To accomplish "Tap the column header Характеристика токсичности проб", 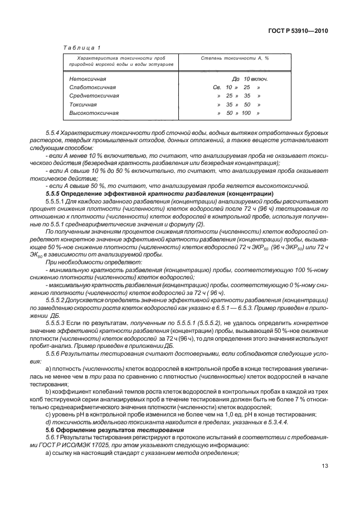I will (120, 57).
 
